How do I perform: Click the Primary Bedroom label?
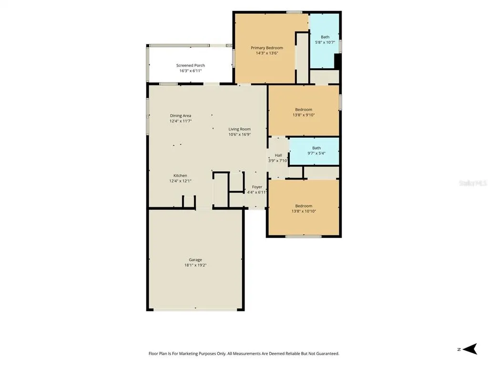267,48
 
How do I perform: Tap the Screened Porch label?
191,65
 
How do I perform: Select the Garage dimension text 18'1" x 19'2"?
195,265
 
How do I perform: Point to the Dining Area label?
181,116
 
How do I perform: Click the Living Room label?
239,129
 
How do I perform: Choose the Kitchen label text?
180,175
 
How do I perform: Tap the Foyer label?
257,187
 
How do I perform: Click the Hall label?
278,155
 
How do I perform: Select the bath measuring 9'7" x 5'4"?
315,152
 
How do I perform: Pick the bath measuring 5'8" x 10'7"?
324,41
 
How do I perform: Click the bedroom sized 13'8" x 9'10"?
304,111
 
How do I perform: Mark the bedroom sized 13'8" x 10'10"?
304,208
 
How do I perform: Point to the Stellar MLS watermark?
473,183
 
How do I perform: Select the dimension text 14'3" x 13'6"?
267,53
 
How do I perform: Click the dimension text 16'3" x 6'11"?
191,71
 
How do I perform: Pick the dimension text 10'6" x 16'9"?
240,135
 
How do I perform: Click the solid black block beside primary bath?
336,61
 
